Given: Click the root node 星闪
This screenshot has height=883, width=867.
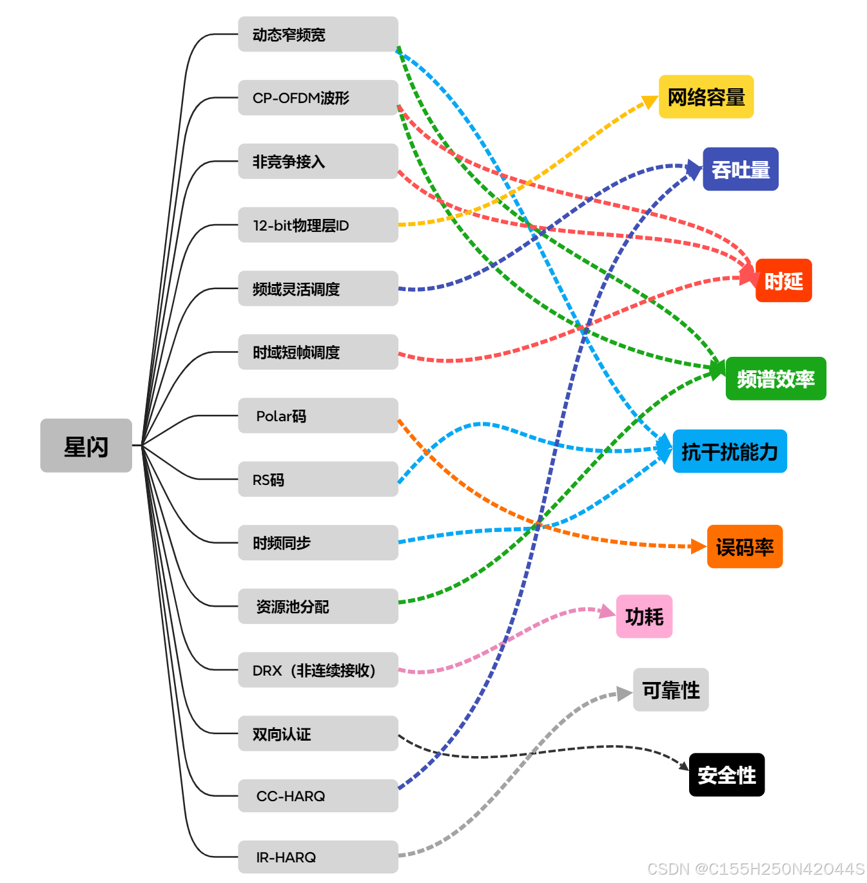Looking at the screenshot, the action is tap(86, 446).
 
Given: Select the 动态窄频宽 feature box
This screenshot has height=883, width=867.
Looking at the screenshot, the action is tap(318, 34).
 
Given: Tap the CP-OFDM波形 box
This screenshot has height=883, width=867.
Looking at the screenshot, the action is tap(318, 98).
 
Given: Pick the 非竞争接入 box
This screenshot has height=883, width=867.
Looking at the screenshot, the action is tap(318, 161).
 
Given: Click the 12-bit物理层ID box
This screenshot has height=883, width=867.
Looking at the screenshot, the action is tap(318, 225).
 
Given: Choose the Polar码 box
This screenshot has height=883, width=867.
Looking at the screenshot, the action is tap(318, 415).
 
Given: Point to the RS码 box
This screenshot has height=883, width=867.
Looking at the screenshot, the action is tap(318, 479).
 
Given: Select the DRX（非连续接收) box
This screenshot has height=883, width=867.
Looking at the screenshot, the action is tap(318, 670).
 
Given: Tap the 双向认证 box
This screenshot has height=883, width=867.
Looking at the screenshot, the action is tap(318, 734).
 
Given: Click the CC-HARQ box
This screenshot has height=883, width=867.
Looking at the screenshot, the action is tap(318, 796).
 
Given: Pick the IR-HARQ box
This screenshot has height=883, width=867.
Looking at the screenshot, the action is tap(318, 857).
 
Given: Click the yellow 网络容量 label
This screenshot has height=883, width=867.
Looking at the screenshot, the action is tap(706, 97).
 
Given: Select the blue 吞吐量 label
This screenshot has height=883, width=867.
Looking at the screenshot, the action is tap(740, 169).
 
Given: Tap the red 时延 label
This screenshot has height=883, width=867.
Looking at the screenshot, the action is tap(783, 281).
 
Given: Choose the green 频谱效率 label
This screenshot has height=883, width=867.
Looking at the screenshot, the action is tap(775, 379).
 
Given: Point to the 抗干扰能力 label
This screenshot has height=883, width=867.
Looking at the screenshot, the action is tap(730, 451).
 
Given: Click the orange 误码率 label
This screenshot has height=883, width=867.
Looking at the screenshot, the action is tap(745, 547).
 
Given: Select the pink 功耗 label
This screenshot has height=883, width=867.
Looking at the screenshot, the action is tap(644, 616).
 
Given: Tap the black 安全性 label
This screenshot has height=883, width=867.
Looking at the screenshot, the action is tap(726, 775).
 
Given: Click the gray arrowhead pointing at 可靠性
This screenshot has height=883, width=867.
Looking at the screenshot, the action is tap(624, 694).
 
